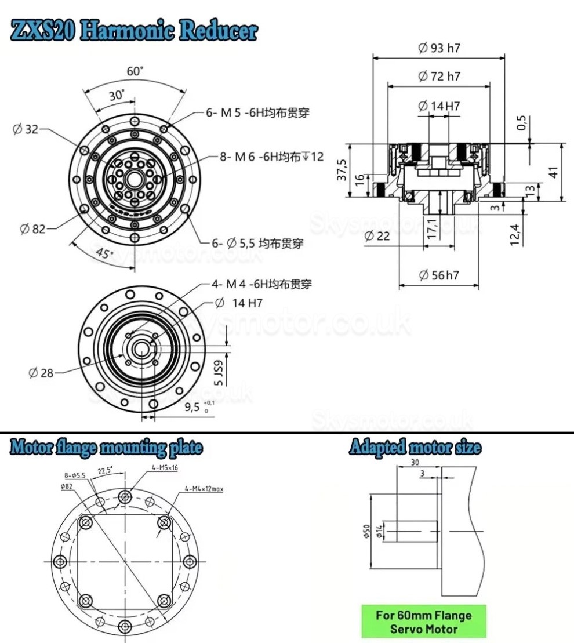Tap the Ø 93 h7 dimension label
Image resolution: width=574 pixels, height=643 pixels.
point(439,48)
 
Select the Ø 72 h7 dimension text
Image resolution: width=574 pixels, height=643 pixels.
point(439,76)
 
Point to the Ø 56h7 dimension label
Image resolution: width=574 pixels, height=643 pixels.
point(438,275)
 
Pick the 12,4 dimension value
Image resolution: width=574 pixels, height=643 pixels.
point(515,235)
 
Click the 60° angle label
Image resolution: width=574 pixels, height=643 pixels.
point(135,71)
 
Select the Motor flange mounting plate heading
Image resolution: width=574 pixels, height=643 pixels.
point(106,448)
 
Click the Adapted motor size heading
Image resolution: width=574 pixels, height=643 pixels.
point(415,448)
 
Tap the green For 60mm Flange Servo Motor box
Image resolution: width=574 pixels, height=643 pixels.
point(423,622)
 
